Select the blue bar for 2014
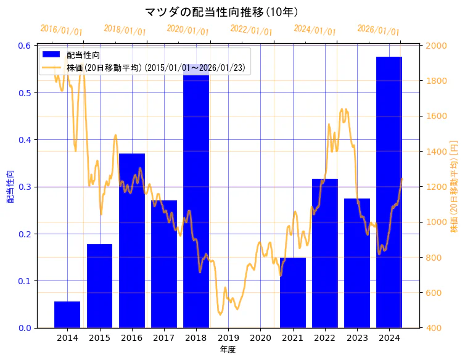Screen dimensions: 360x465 [67, 314]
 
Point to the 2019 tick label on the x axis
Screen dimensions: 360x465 [228, 338]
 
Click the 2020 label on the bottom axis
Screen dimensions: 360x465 [260, 338]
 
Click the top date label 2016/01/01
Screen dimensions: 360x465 [61, 30]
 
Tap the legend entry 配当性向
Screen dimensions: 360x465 [83, 55]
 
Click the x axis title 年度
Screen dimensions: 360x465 [228, 350]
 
